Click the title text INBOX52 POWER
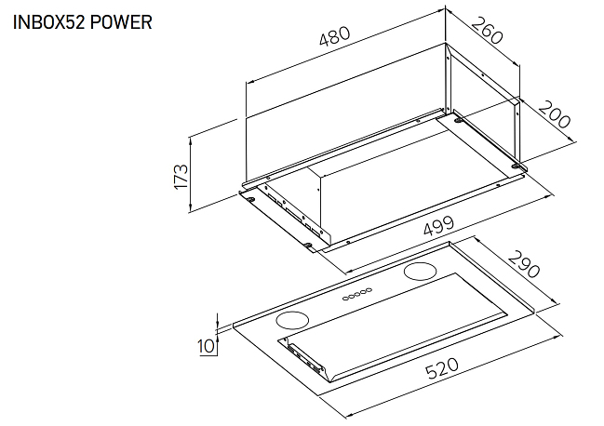click(x=83, y=22)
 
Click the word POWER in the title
click(x=121, y=22)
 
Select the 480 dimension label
click(x=335, y=35)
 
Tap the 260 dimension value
click(x=487, y=31)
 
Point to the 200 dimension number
click(x=554, y=113)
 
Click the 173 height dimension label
click(x=181, y=176)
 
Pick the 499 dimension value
click(x=438, y=225)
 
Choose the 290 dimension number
click(x=523, y=264)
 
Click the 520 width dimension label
click(x=442, y=368)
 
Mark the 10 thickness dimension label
click(x=207, y=346)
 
